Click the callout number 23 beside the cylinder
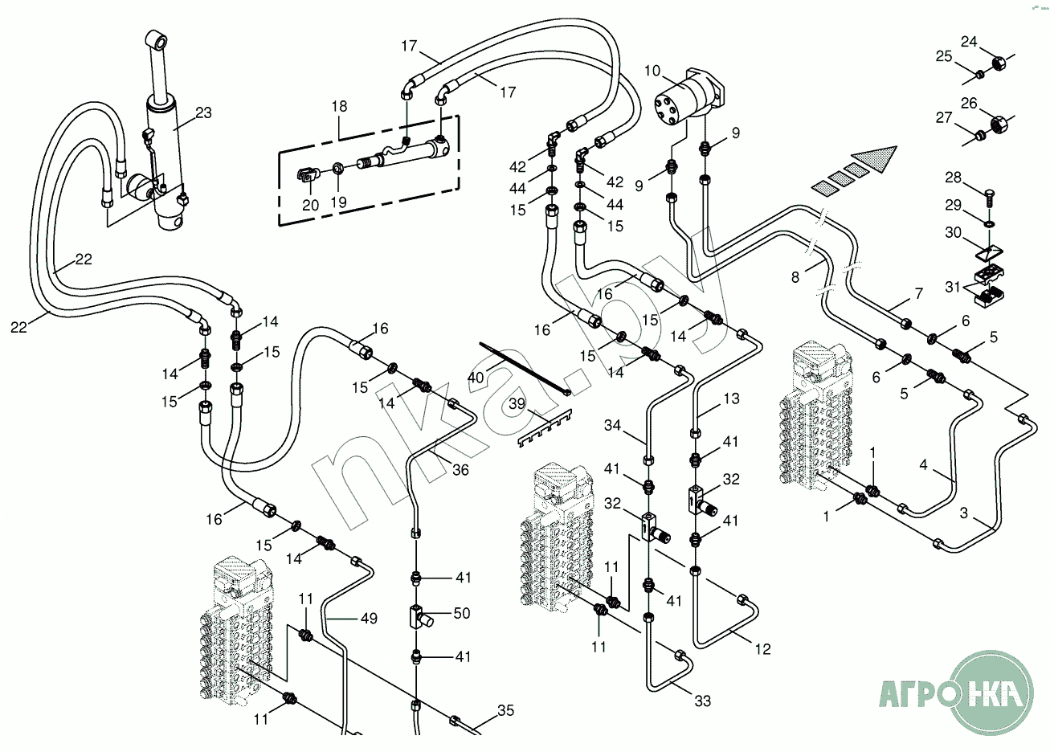[203, 113]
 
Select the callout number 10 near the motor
[652, 72]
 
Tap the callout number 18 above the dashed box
[339, 107]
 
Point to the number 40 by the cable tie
[476, 378]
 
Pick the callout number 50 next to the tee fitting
[461, 614]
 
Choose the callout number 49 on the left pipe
[369, 619]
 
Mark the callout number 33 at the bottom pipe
[703, 701]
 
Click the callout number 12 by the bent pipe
[762, 648]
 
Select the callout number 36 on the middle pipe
[460, 471]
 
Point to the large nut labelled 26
[999, 126]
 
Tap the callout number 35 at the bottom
[505, 710]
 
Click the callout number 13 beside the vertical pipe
[731, 399]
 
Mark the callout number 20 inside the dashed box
[311, 205]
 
